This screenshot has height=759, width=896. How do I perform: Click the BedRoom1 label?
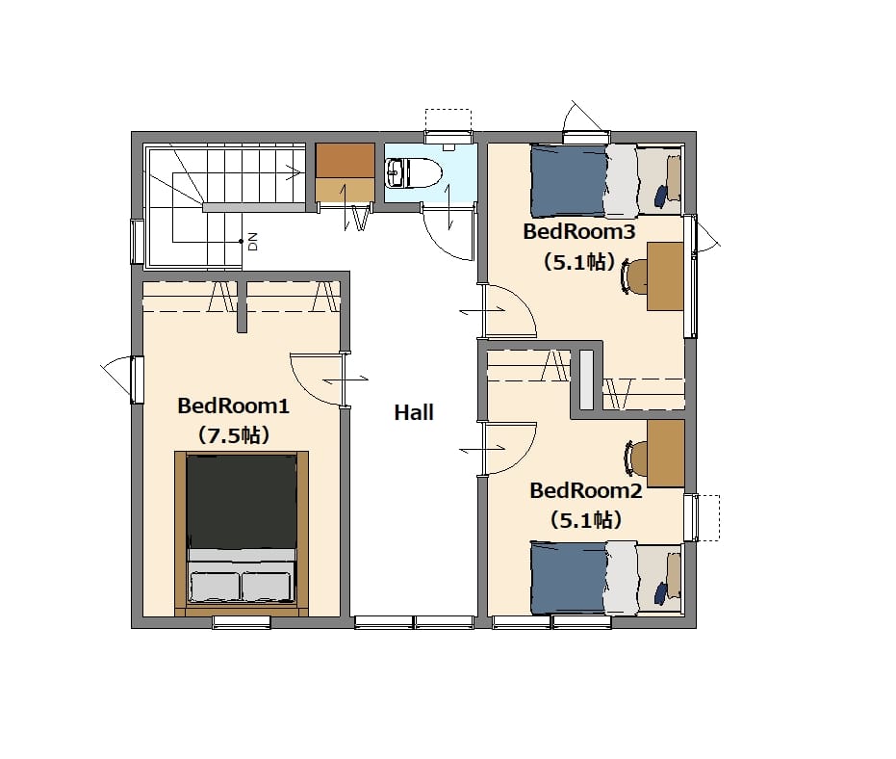233,406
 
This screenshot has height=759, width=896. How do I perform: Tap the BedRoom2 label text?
586,490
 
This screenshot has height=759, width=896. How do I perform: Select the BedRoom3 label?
578,231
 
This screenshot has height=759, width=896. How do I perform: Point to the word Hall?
414,412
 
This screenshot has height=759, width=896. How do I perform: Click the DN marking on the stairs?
253,242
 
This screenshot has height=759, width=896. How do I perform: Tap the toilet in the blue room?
414,172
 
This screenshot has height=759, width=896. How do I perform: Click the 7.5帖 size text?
233,435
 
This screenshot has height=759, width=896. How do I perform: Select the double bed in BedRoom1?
242,533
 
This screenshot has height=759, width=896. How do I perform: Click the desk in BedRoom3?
665,276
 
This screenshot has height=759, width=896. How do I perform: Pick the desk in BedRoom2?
666,454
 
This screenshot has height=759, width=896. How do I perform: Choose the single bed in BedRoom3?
606,181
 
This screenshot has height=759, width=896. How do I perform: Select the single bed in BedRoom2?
606,578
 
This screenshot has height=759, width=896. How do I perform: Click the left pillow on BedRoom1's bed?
215,587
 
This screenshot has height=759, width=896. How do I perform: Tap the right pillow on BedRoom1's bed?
266,587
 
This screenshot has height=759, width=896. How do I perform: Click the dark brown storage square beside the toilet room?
346,160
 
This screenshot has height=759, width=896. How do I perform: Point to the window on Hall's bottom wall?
414,622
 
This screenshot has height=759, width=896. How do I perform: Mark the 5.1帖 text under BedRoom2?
586,520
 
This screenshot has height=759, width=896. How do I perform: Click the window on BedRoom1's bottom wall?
242,622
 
